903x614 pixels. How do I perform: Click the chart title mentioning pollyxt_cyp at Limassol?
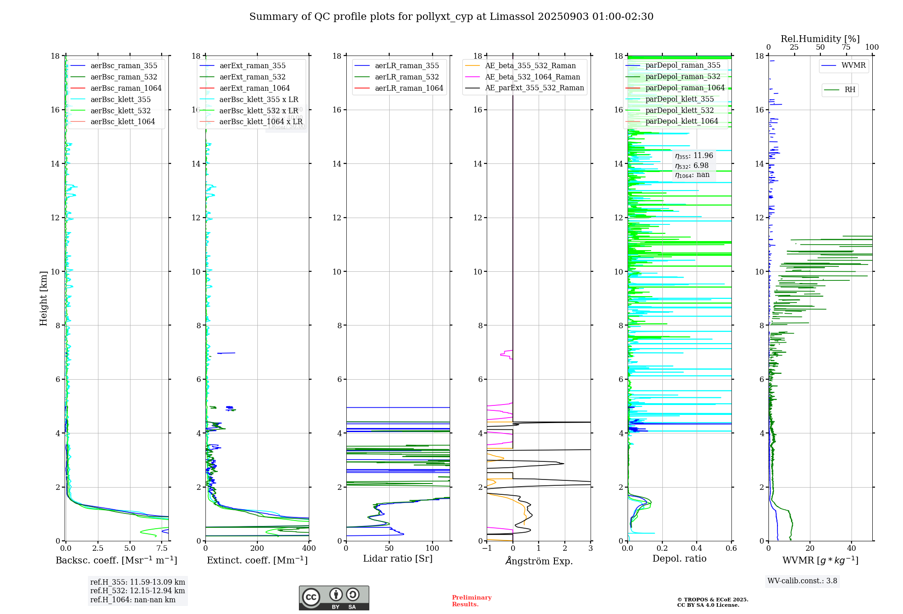click(451, 17)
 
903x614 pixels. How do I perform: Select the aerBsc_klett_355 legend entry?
click(121, 99)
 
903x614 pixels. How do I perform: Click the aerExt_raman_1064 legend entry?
click(255, 88)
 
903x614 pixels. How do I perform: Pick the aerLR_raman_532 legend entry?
click(406, 77)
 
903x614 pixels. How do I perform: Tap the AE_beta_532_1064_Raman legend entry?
click(532, 77)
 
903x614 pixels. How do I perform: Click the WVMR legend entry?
click(853, 65)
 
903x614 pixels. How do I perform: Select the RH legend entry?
click(849, 90)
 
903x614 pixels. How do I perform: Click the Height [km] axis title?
click(43, 298)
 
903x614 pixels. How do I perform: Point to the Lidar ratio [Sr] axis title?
click(398, 558)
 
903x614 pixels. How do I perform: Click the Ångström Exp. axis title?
click(539, 561)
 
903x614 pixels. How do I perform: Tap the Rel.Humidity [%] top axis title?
click(820, 39)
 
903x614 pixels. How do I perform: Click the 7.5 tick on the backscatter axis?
click(162, 548)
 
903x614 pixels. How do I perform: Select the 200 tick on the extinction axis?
click(257, 548)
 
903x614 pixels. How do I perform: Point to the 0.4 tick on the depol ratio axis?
click(697, 548)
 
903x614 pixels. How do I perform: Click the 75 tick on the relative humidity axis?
click(846, 47)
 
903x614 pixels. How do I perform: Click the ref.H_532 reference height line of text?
click(137, 591)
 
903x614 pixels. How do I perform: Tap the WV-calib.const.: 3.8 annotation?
click(802, 581)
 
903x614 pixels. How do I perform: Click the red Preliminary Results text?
click(471, 601)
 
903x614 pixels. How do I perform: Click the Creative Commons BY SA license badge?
click(334, 598)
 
